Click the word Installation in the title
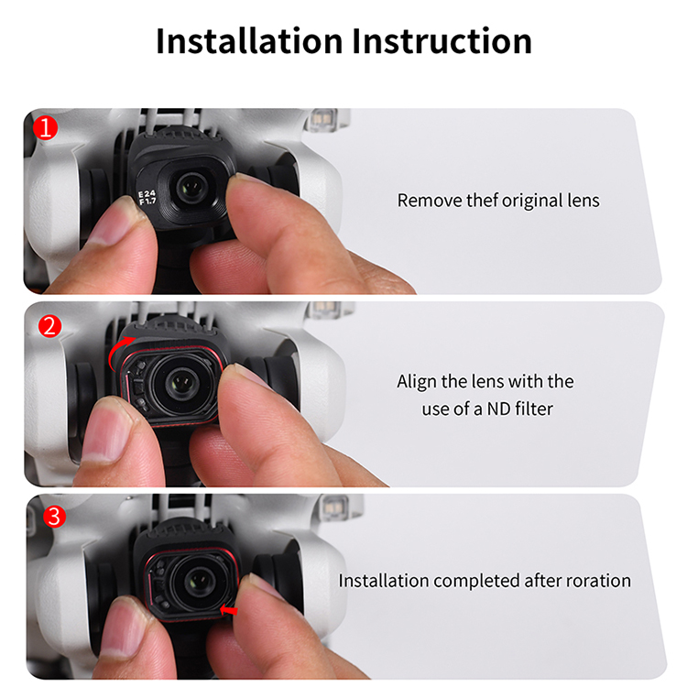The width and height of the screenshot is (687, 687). tap(249, 40)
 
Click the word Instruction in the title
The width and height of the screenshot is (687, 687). tap(442, 40)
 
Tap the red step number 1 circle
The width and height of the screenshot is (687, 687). tap(45, 128)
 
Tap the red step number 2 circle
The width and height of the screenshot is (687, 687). tap(49, 326)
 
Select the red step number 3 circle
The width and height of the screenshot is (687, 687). tap(54, 516)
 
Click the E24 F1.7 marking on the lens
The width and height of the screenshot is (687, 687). tap(147, 198)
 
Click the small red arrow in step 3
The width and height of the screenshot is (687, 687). tap(229, 609)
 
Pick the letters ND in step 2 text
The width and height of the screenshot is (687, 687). tap(498, 409)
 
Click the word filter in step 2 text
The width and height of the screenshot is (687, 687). tap(534, 409)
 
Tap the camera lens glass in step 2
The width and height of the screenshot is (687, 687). tap(181, 383)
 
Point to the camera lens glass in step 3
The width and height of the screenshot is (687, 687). tap(200, 582)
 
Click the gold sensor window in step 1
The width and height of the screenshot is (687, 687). tap(322, 119)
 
